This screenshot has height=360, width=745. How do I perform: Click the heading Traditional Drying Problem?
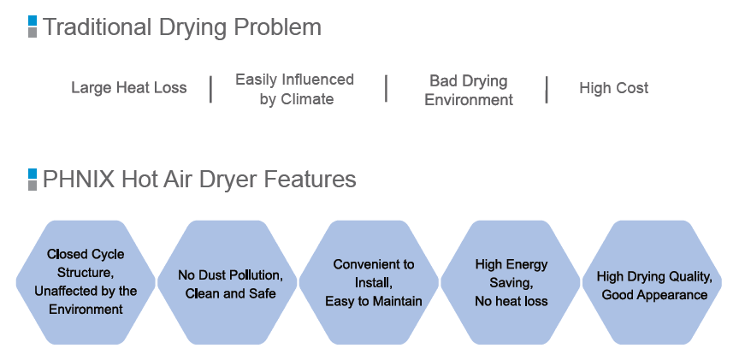(x=182, y=27)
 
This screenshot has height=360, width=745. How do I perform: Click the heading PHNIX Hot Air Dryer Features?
(x=199, y=180)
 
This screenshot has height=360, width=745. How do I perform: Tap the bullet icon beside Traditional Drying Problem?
(x=33, y=27)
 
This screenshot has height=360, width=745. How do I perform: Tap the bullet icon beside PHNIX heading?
(x=33, y=180)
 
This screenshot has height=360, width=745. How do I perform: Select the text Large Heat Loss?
(x=129, y=88)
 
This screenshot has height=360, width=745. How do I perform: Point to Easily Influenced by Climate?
(x=294, y=89)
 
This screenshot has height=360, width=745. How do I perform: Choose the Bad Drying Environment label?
(x=469, y=91)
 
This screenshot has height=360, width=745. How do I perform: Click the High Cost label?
(x=613, y=88)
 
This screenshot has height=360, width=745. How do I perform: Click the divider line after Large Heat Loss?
(x=210, y=89)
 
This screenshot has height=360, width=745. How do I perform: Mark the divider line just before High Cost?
(x=547, y=90)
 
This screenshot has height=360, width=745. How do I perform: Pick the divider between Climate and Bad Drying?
(x=387, y=88)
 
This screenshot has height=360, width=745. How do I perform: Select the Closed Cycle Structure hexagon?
(x=86, y=282)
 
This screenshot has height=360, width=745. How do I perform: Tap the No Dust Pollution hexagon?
(x=228, y=282)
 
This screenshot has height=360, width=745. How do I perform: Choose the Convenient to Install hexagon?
(x=369, y=282)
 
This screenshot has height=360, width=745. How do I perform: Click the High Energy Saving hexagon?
(x=511, y=282)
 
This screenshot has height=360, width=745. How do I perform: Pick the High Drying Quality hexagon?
(x=652, y=282)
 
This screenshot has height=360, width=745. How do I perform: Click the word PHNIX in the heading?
(x=79, y=180)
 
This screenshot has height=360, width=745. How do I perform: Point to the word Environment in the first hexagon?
(x=86, y=310)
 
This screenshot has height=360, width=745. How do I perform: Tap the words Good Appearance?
(x=654, y=295)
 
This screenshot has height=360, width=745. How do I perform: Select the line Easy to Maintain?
(x=374, y=301)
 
